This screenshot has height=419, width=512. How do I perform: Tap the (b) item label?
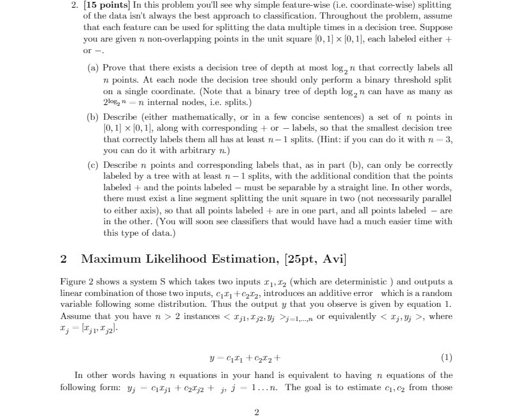point(92,117)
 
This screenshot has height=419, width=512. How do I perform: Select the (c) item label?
point(92,165)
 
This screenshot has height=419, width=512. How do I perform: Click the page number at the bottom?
point(256,412)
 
